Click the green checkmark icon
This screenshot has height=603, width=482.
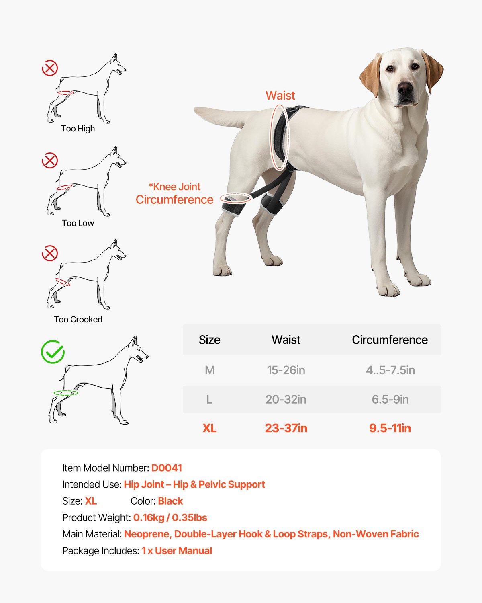point(53,352)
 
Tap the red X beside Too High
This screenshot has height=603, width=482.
point(50,68)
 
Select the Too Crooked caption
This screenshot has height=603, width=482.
point(78,320)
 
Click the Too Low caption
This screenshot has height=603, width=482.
point(78,223)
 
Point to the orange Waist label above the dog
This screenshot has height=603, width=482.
point(280,96)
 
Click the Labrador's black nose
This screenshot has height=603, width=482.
point(405,88)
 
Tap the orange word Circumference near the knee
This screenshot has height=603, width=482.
point(174,200)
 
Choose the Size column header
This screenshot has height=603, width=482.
point(209,340)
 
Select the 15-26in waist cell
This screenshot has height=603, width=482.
point(286,370)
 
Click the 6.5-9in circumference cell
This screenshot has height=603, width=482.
point(390,400)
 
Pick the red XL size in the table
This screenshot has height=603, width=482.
point(209,429)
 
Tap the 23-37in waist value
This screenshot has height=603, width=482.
point(286,429)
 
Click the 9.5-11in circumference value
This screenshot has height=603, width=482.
point(390,429)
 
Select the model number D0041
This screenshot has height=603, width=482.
point(167,468)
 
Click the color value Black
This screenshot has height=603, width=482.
point(170,501)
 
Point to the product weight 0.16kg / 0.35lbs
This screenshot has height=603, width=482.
point(170,518)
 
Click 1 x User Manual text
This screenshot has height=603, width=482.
point(177,551)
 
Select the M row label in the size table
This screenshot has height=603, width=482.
point(209,370)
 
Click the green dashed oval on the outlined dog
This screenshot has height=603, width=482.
point(66,393)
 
